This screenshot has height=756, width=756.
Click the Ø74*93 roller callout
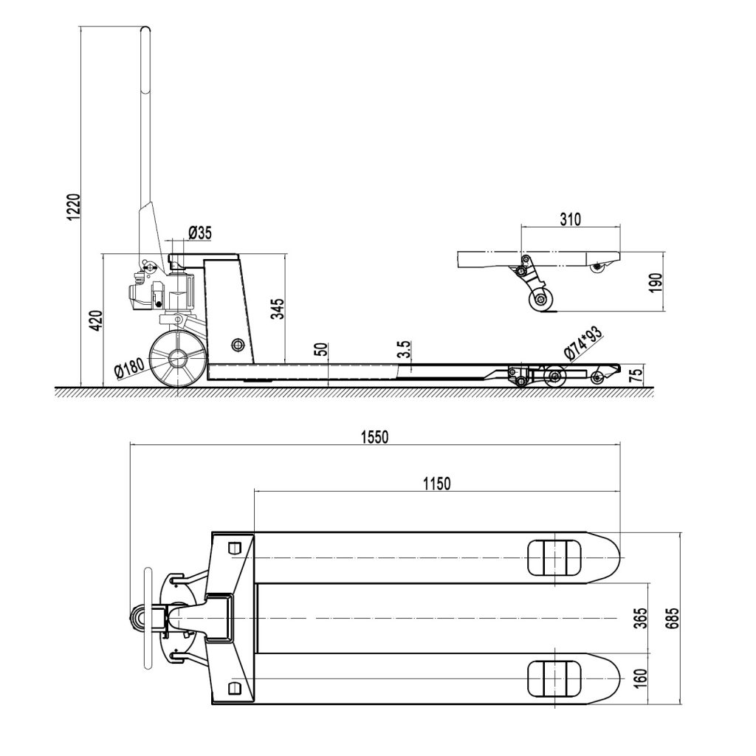(x=583, y=343)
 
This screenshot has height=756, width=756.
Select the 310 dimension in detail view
(x=570, y=219)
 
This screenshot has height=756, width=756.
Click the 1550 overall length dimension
(x=374, y=436)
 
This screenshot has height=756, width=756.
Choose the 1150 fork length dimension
(x=436, y=484)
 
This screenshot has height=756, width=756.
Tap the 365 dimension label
(x=640, y=617)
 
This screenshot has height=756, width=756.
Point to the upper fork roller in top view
(x=553, y=557)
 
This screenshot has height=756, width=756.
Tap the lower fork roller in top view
(x=553, y=677)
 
